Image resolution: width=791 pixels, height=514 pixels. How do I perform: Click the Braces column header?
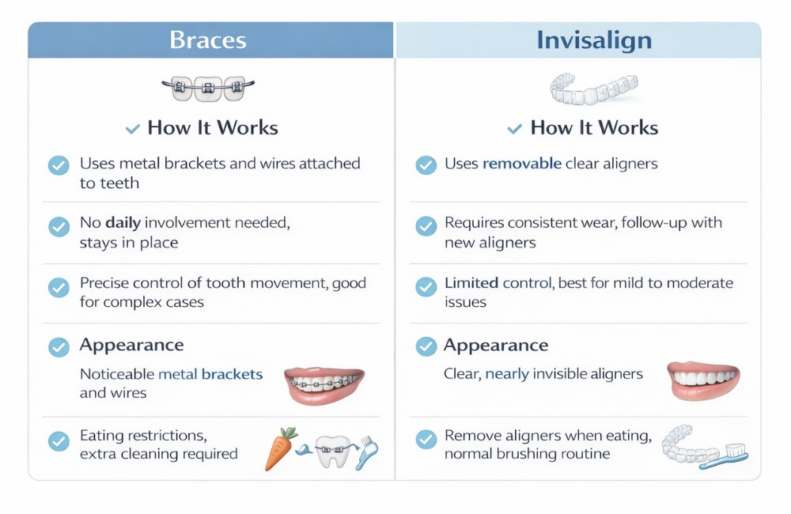pyautogui.click(x=208, y=40)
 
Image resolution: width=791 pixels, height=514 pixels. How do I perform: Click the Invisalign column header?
pyautogui.click(x=593, y=40)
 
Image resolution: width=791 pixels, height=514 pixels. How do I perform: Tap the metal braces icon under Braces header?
pyautogui.click(x=208, y=87)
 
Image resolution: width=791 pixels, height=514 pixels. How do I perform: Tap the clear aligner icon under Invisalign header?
pyautogui.click(x=593, y=88)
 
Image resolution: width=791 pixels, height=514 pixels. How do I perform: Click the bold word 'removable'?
pyautogui.click(x=522, y=164)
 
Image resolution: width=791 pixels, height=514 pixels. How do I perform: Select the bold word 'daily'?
pyautogui.click(x=129, y=223)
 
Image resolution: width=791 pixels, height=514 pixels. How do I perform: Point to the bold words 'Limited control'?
pyautogui.click(x=499, y=282)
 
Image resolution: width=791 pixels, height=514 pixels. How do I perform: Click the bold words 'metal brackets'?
pyautogui.click(x=210, y=374)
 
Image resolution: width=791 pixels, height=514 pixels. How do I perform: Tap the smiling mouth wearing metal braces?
pyautogui.click(x=324, y=384)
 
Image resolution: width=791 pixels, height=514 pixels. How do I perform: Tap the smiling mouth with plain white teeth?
pyautogui.click(x=703, y=380)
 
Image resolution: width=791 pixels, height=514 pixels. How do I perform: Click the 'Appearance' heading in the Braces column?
pyautogui.click(x=131, y=345)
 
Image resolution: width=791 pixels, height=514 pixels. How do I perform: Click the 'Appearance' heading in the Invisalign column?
pyautogui.click(x=495, y=345)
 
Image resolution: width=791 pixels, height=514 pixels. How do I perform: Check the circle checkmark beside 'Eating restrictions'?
pyautogui.click(x=59, y=440)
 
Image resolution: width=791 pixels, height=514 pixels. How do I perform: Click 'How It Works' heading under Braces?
pyautogui.click(x=213, y=127)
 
